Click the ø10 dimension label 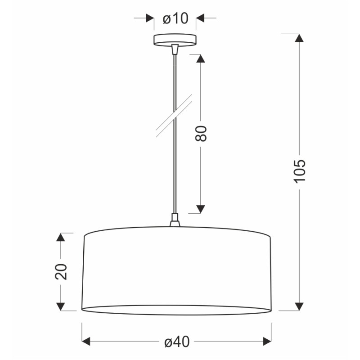pos(175,18)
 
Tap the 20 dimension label pos(61,271)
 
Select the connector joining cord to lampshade pos(175,221)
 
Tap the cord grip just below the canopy pos(175,48)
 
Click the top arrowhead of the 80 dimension pos(201,58)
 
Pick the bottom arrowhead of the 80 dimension pos(201,209)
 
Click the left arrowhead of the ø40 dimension pos(86,342)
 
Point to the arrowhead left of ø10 pos(150,18)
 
